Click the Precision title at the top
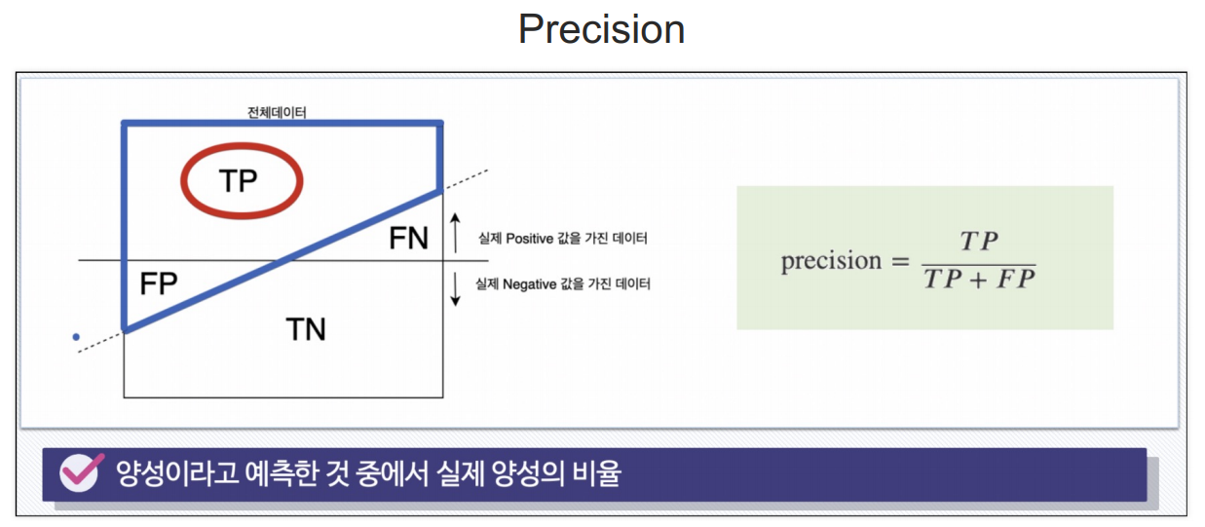click(x=601, y=29)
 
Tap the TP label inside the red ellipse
click(x=239, y=180)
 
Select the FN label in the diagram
click(x=409, y=239)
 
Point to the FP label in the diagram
click(x=158, y=283)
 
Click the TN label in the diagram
click(x=306, y=329)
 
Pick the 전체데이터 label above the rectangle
click(x=277, y=112)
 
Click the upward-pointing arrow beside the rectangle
click(x=455, y=233)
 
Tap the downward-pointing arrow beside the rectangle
click(x=455, y=289)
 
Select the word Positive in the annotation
click(x=529, y=239)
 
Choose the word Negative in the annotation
click(x=529, y=283)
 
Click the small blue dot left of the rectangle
click(x=76, y=337)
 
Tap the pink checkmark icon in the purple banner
click(x=81, y=471)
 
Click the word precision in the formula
click(x=831, y=261)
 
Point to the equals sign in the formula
click(x=900, y=262)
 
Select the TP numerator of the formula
click(x=979, y=241)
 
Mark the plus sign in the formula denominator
click(x=979, y=280)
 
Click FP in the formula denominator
click(x=1016, y=280)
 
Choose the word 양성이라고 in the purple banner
click(x=177, y=473)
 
